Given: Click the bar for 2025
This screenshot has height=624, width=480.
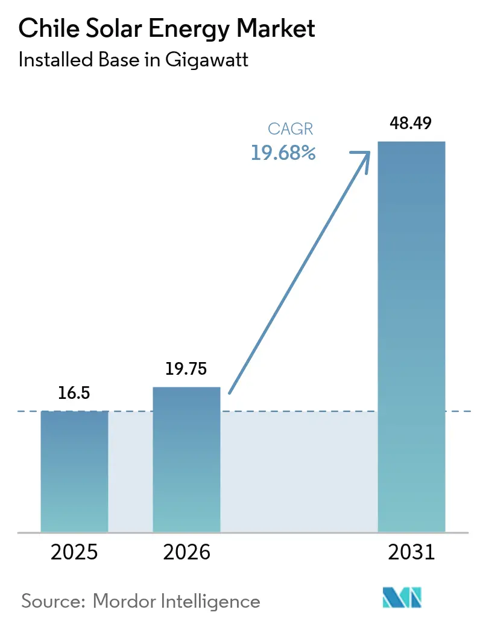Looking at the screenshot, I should point(74,471).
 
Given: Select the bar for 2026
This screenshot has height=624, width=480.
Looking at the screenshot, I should point(186,459).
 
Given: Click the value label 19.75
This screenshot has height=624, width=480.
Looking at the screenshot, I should point(187,369).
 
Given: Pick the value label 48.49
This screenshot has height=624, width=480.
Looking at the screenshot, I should point(411,124).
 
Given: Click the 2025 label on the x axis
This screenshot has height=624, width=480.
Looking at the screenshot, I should point(75,552).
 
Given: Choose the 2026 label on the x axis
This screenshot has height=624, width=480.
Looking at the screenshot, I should point(186,552).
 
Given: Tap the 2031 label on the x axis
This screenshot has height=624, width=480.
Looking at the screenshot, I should point(411,552).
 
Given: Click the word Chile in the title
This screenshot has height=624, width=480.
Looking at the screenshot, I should point(46,28).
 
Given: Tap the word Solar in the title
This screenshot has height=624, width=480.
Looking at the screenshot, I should point(110,28).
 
